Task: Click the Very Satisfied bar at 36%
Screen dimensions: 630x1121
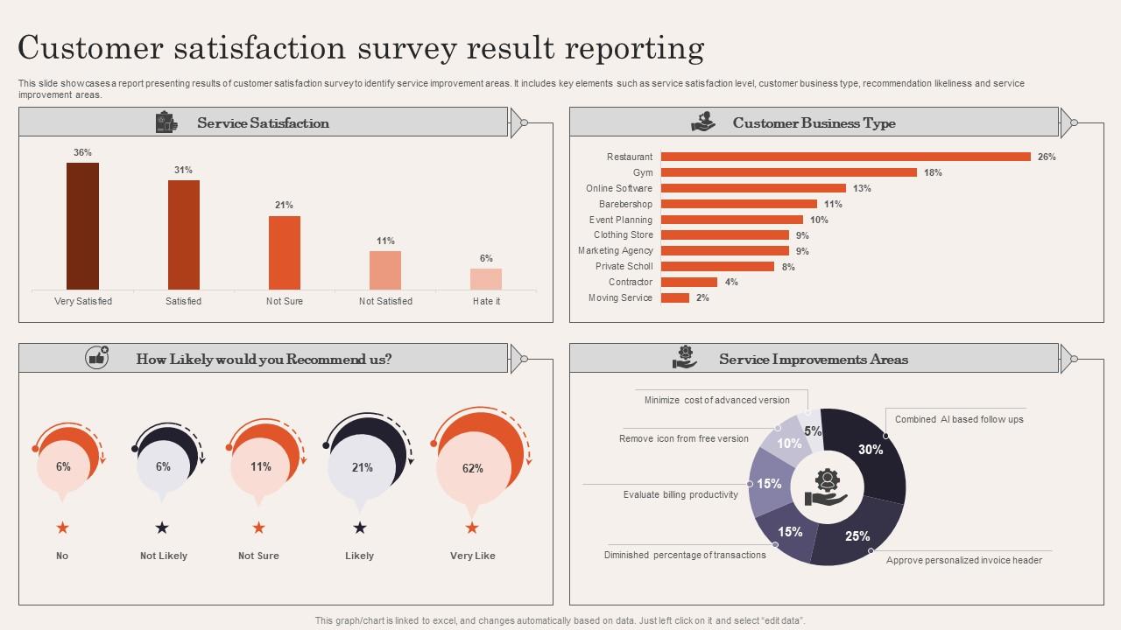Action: click(82, 226)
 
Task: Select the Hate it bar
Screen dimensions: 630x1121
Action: click(486, 279)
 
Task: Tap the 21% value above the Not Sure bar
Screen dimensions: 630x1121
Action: click(284, 205)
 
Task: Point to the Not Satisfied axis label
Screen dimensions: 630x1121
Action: click(385, 301)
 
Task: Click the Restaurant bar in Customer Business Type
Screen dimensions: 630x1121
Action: click(845, 157)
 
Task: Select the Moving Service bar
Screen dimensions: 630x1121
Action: click(674, 297)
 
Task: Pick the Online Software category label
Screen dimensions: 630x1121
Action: click(618, 188)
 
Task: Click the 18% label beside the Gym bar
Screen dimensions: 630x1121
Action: click(933, 172)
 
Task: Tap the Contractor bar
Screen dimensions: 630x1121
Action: click(688, 282)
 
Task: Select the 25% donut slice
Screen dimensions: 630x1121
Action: click(857, 535)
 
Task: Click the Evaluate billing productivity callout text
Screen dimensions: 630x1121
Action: click(680, 494)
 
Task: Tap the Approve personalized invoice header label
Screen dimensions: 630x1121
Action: click(963, 560)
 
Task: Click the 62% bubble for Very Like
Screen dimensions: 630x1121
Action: click(472, 468)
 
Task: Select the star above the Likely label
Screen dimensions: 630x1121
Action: click(359, 528)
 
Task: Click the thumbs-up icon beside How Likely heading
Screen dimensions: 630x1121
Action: click(96, 358)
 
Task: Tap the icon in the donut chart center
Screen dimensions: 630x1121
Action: click(826, 488)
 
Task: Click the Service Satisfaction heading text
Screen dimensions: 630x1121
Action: click(263, 123)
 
